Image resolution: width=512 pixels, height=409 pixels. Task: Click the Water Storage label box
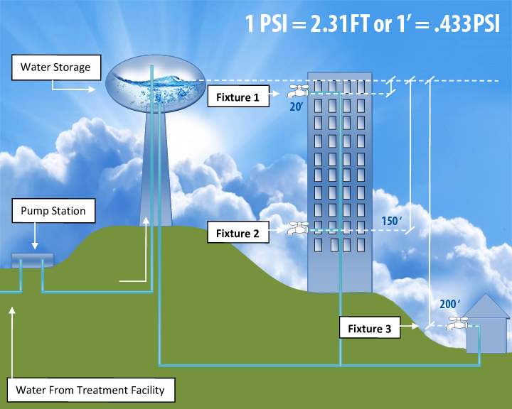click(x=55, y=68)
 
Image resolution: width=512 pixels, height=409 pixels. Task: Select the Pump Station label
click(x=53, y=211)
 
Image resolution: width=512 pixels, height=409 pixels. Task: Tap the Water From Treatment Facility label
click(x=90, y=390)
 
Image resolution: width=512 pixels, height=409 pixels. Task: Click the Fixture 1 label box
click(x=238, y=96)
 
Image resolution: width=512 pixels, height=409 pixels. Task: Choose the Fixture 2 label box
click(x=238, y=233)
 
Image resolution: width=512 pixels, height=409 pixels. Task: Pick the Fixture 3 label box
click(x=369, y=329)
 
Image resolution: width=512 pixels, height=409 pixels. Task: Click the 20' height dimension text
click(x=297, y=107)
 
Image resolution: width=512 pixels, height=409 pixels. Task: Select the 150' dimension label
click(x=390, y=222)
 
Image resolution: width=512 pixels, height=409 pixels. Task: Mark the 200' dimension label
click(x=447, y=304)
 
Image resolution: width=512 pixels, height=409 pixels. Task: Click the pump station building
click(x=32, y=260)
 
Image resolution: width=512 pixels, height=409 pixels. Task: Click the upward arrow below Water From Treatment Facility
click(x=12, y=334)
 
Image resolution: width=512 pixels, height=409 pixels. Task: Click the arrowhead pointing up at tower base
click(x=147, y=222)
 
